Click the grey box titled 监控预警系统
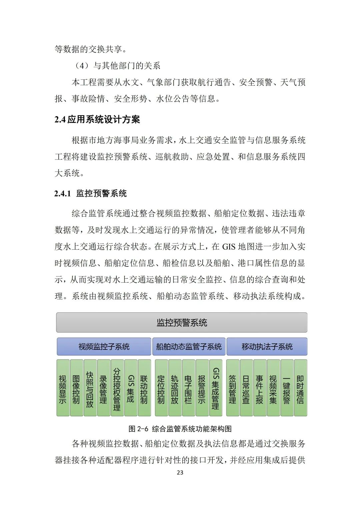pyautogui.click(x=182, y=322)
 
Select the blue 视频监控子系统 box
pyautogui.click(x=104, y=346)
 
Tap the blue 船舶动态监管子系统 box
pyautogui.click(x=189, y=346)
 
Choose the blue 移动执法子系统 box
pyautogui.click(x=267, y=346)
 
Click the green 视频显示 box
pyautogui.click(x=63, y=388)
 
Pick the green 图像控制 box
pyautogui.click(x=76, y=388)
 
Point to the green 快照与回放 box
pyautogui.click(x=90, y=388)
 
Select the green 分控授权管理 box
pyautogui.click(x=117, y=388)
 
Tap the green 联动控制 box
pyautogui.click(x=144, y=388)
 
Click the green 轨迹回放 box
pyautogui.click(x=175, y=388)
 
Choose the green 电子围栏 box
pyautogui.click(x=188, y=388)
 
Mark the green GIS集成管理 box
pyautogui.click(x=216, y=388)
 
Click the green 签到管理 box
pyautogui.click(x=233, y=388)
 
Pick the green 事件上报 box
pyautogui.click(x=260, y=388)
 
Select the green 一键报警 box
pyautogui.click(x=287, y=388)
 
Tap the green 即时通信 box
pyautogui.click(x=300, y=388)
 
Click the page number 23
pyautogui.click(x=180, y=473)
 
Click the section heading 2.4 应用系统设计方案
pyautogui.click(x=97, y=119)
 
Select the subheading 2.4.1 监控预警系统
pyautogui.click(x=91, y=194)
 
